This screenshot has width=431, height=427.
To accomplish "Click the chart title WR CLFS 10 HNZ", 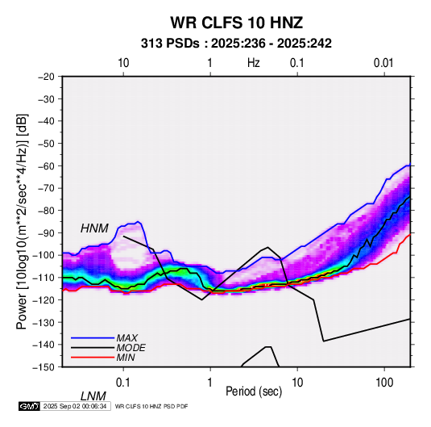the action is point(236,23).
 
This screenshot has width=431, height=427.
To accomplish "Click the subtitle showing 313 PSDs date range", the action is point(236,44).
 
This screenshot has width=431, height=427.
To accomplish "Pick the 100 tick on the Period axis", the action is point(384,383).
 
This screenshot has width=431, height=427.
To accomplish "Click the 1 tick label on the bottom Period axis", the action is point(210,383).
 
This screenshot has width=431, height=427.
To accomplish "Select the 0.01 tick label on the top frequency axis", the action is point(383,63).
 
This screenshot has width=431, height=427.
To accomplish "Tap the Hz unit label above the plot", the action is point(254,63).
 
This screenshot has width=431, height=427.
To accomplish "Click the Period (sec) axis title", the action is point(254,391).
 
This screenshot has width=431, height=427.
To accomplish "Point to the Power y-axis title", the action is point(22,221).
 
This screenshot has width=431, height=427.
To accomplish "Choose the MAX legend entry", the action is point(126,338).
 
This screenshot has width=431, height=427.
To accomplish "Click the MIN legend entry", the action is point(126,358).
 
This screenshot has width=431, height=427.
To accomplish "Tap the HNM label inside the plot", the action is point(94,228).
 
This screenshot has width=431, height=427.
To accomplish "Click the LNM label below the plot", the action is point(93,396).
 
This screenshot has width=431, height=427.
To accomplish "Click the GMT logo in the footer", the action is point(30,406).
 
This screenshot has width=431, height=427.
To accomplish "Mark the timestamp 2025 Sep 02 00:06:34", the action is point(75,406).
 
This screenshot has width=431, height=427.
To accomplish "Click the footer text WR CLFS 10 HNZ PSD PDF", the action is point(151,406).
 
